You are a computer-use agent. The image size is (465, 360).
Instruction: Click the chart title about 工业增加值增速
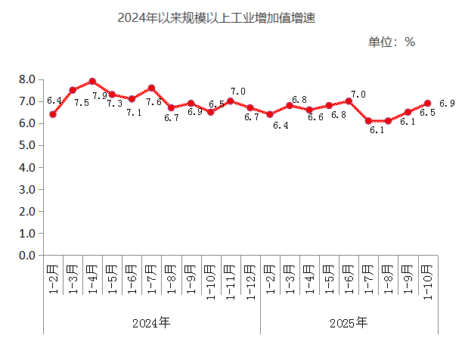click(x=215, y=17)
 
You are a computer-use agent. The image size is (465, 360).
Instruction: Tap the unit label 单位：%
click(x=392, y=42)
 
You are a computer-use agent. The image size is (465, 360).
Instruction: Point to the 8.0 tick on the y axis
click(x=27, y=79)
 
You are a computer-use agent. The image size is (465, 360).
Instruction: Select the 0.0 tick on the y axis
click(x=27, y=256)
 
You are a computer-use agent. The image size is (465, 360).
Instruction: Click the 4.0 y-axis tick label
click(x=27, y=167)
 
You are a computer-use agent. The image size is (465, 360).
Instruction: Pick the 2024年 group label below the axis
click(x=151, y=323)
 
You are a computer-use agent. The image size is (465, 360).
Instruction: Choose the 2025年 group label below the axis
click(x=349, y=323)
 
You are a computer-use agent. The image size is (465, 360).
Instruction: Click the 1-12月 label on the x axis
click(x=250, y=281)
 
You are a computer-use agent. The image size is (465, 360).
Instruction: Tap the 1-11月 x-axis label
click(x=231, y=281)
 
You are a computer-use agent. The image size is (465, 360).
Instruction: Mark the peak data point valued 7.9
click(x=92, y=82)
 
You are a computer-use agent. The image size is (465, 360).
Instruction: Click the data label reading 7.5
click(x=82, y=102)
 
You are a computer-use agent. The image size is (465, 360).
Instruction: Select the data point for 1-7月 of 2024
click(x=151, y=88)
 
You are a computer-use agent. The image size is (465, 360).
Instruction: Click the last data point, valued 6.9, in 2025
click(x=428, y=104)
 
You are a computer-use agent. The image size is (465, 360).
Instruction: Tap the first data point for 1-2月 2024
click(x=53, y=114)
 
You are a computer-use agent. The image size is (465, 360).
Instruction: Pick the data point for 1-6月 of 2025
click(x=349, y=101)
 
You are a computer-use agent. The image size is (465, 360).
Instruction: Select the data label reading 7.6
click(x=154, y=102)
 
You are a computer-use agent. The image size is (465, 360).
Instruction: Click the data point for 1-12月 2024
click(x=250, y=108)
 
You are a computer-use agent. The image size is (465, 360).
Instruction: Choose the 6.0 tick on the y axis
click(x=27, y=123)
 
